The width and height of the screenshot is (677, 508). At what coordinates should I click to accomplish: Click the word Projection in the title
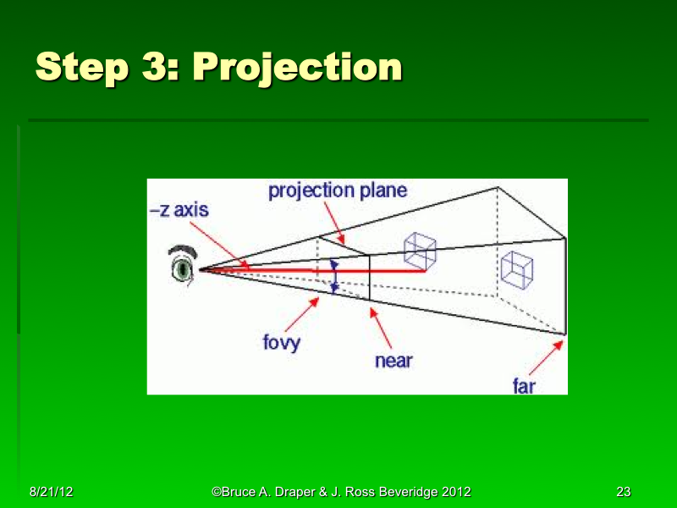tap(297, 68)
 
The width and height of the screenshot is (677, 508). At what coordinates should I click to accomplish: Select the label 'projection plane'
tap(338, 190)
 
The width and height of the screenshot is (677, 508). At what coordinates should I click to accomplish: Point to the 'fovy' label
tap(281, 344)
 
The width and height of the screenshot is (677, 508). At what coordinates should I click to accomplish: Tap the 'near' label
tap(393, 361)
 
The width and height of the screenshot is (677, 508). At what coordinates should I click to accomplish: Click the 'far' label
tap(524, 386)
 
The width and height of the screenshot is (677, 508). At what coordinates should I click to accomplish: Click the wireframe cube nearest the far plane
tap(517, 268)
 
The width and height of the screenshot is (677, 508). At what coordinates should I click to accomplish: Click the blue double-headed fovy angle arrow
tap(333, 276)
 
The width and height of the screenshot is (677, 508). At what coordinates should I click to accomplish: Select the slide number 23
tap(624, 492)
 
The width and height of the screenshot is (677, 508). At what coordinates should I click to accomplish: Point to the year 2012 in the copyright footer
tap(454, 492)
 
